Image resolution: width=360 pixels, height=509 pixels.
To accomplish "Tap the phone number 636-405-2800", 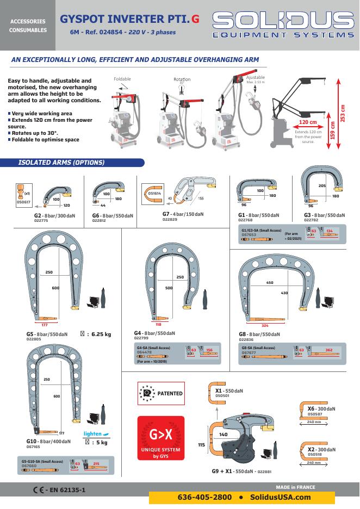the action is [x=204, y=497].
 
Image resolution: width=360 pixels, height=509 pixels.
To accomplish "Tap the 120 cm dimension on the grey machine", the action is [x=308, y=123].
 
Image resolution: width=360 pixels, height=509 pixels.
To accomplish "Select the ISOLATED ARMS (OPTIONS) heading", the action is [x=61, y=162].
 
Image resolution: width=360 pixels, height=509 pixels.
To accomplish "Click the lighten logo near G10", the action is [x=96, y=433].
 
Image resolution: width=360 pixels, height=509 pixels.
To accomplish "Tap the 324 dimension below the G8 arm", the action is [x=280, y=325].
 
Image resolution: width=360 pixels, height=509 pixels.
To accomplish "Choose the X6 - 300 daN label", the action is [x=318, y=408].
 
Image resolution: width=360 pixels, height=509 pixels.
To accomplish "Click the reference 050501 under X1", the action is [x=222, y=396].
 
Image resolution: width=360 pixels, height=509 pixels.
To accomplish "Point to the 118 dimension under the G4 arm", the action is [x=159, y=324].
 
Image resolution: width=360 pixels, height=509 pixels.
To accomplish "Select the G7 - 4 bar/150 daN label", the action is [x=183, y=214].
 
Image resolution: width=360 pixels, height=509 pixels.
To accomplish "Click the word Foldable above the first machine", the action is [x=122, y=79].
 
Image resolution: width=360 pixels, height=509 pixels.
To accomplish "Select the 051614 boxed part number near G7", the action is [x=155, y=193].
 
